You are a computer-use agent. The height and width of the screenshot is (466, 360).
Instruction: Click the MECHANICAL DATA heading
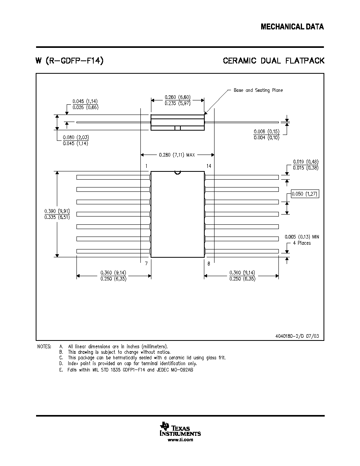point(292,27)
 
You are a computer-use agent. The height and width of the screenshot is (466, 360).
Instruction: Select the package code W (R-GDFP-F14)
point(69,61)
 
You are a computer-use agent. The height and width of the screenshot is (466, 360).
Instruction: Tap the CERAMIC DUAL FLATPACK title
point(274,61)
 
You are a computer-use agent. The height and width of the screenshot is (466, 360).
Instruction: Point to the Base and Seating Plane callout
point(258,90)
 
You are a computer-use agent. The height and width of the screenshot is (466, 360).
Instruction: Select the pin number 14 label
point(209,166)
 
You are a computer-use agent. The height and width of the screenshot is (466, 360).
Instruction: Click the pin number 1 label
point(146,166)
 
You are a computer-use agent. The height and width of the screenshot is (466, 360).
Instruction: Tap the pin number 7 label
point(146,263)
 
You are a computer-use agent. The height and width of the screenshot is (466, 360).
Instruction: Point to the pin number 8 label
point(209,263)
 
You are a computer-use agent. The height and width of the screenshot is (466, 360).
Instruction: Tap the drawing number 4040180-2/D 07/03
point(297,336)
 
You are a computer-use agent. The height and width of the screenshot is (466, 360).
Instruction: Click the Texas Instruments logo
point(180,429)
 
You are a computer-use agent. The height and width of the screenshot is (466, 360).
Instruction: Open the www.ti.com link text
point(180,440)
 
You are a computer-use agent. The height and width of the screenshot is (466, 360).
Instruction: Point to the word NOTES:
point(44,346)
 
